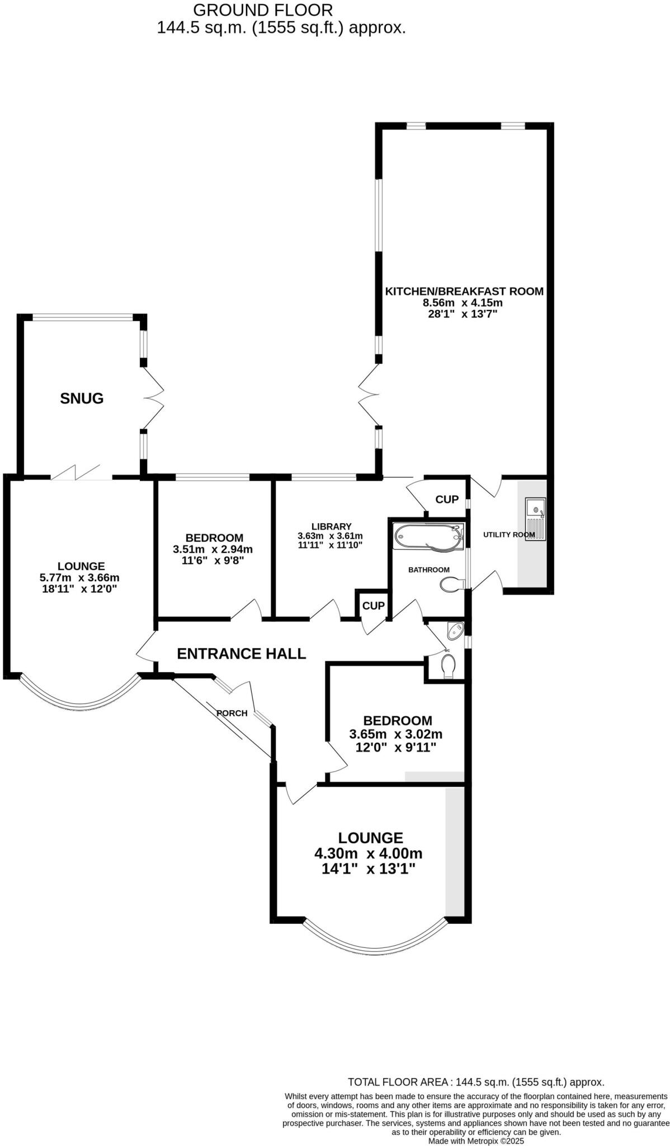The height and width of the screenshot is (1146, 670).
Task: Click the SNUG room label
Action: pos(82,398)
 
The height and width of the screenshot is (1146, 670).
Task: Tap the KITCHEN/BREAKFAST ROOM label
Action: pos(464,291)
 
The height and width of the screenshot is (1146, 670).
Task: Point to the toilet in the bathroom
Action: pos(452,585)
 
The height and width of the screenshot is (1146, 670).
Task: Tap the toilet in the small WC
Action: pos(449,666)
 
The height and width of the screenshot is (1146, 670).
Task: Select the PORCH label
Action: pos(232,713)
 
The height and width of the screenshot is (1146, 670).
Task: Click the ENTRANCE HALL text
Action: pos(241,654)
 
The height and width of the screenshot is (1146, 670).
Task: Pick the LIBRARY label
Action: pos(331,526)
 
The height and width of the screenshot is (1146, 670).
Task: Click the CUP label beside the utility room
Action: pos(446,499)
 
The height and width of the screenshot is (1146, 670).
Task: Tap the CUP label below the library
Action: pos(373,605)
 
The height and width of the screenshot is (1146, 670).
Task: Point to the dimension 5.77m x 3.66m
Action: pos(81,577)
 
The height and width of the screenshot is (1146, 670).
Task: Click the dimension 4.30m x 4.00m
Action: pos(368,853)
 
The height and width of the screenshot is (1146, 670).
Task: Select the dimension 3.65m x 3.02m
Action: pos(395,734)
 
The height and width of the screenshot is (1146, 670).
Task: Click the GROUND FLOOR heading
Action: pos(262,10)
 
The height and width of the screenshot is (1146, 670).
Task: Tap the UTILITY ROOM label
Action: pos(508,534)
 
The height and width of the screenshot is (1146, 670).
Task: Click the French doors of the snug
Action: pos(153,398)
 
